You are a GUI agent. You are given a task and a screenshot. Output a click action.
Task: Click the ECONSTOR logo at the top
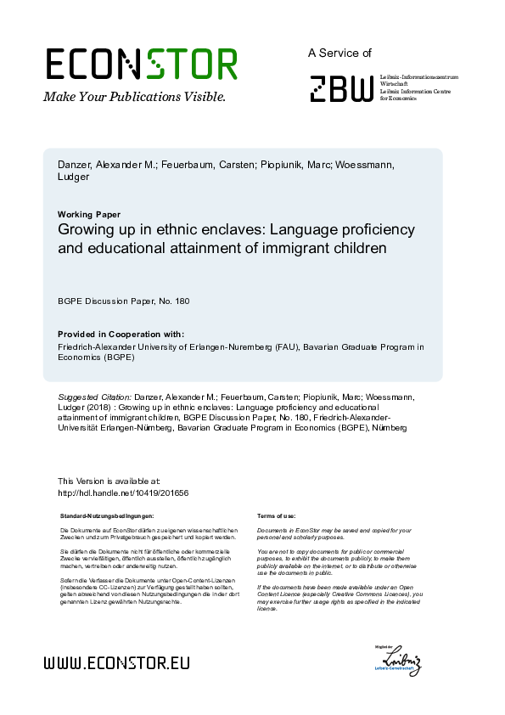click(x=141, y=64)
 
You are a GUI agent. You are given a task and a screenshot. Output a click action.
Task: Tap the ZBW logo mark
click(x=340, y=88)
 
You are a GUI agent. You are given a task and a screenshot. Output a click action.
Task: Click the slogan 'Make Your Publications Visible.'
click(x=134, y=96)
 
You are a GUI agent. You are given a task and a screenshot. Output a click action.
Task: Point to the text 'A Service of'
click(x=339, y=53)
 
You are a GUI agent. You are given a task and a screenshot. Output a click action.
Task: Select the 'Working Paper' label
click(x=89, y=214)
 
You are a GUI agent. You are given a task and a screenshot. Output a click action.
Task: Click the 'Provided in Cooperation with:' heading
click(x=121, y=334)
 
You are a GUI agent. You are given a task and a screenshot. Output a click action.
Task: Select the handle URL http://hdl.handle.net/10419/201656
click(x=122, y=493)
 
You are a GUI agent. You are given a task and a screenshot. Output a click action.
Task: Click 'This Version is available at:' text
click(x=108, y=481)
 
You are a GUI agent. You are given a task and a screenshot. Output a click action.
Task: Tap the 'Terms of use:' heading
click(x=276, y=516)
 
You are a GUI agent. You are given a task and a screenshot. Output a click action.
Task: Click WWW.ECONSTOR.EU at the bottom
click(x=116, y=663)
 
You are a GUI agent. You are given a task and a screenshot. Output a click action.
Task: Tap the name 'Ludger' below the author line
click(x=74, y=177)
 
